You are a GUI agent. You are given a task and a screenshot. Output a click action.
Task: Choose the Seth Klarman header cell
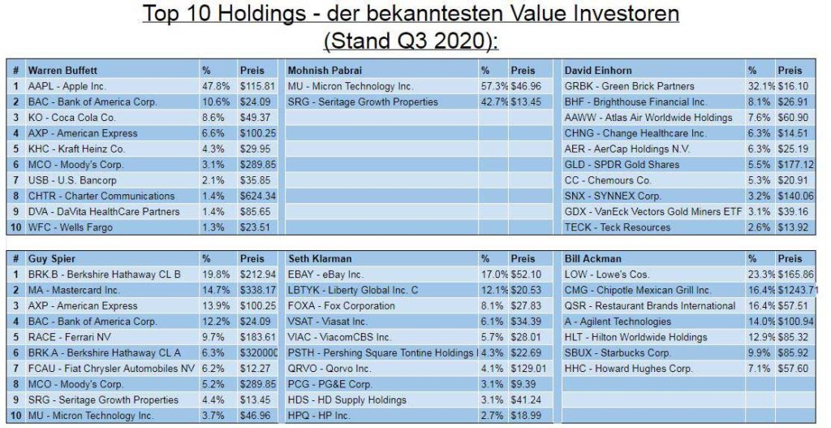pyautogui.click(x=317, y=258)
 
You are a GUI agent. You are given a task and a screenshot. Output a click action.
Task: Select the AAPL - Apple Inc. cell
pyautogui.click(x=67, y=85)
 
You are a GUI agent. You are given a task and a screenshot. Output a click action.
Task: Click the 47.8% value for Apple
pyautogui.click(x=213, y=85)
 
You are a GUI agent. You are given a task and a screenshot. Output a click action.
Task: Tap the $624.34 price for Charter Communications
pyautogui.click(x=258, y=196)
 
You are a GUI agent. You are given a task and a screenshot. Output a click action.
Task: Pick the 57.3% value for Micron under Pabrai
pyautogui.click(x=492, y=85)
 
